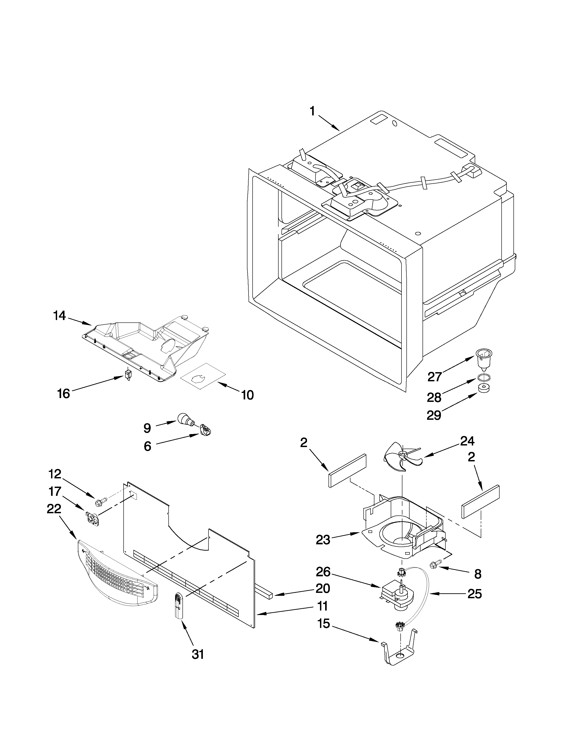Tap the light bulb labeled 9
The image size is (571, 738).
click(x=185, y=420)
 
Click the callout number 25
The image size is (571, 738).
click(x=474, y=594)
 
